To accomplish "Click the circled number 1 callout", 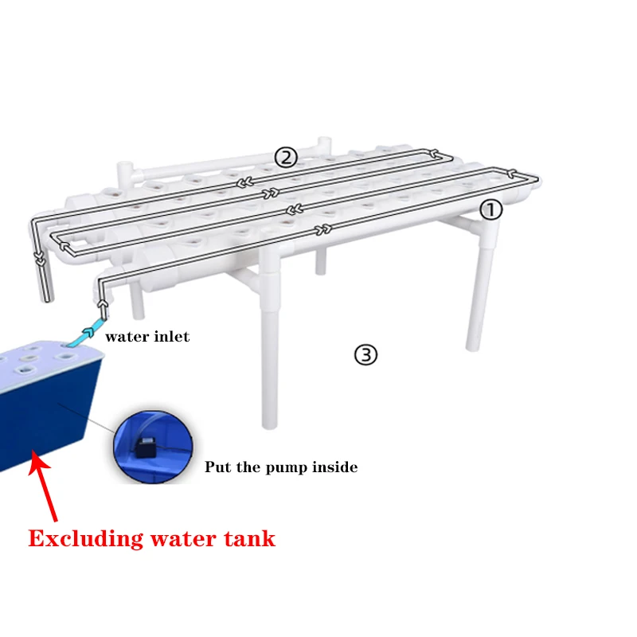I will click(490, 209).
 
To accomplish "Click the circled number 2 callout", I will click(286, 158).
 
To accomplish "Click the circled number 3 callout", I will click(365, 354).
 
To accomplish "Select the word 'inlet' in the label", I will click(171, 337).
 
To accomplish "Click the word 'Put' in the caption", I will click(218, 467).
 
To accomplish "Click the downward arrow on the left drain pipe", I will click(38, 256).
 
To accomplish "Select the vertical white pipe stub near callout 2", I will click(323, 147).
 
